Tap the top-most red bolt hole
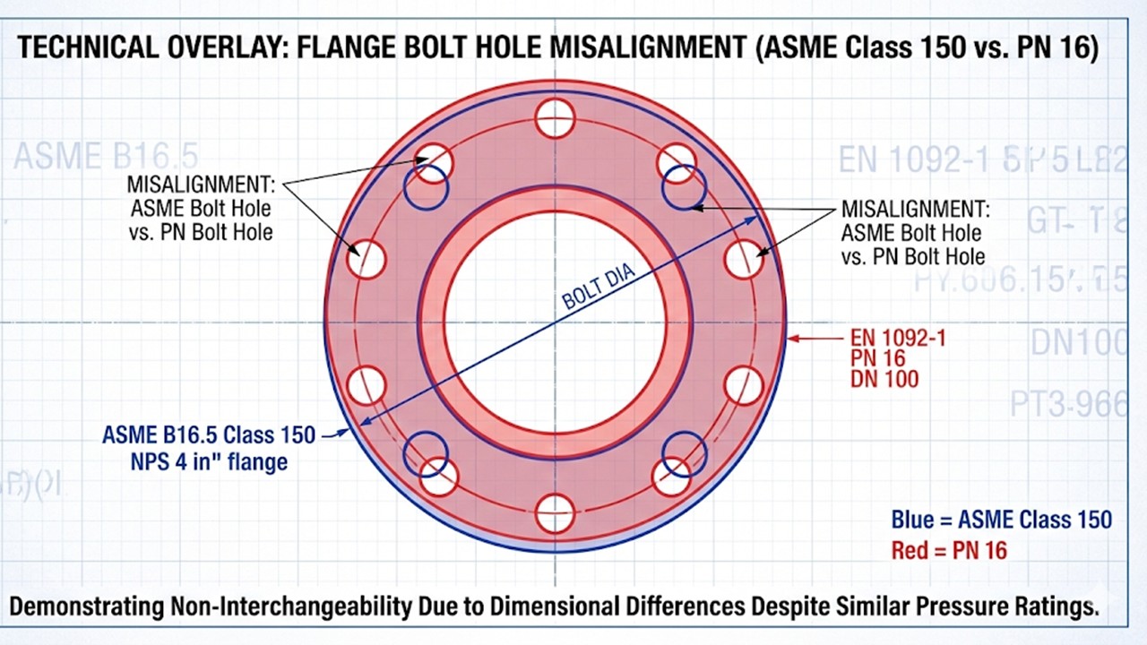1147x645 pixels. (555, 118)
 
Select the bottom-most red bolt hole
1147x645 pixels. (555, 513)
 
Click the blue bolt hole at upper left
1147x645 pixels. (426, 187)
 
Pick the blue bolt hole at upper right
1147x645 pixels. (684, 187)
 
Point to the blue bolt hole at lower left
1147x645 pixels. (426, 452)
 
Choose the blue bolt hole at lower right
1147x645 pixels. (684, 452)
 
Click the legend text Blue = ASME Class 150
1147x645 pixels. (1001, 520)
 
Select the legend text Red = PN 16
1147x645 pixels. (949, 550)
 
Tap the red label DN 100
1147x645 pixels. (884, 379)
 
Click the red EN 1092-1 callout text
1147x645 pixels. (897, 339)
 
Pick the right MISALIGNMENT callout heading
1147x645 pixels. (916, 210)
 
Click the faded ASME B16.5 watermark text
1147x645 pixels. (106, 156)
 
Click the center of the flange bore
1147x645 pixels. (555, 322)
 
